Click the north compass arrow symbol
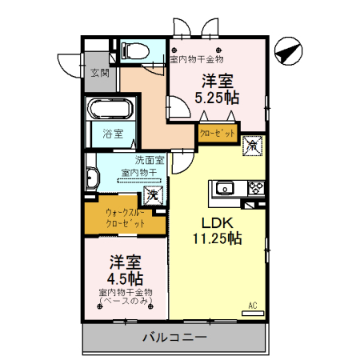coord(287,53)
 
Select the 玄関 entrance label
coord(99,74)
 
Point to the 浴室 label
coord(114,134)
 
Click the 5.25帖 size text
coord(218,98)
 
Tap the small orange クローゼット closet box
coord(217,134)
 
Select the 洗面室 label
coord(149,159)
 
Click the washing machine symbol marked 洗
coord(150,194)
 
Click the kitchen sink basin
coord(225,189)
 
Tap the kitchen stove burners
coord(257,189)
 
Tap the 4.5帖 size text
coord(126,278)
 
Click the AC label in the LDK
coord(253,304)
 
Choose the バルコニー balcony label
coord(174,338)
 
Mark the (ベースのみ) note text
coord(126,301)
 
